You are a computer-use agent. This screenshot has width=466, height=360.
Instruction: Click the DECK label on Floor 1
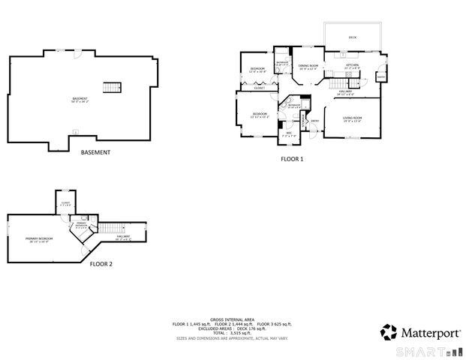click(x=353, y=37)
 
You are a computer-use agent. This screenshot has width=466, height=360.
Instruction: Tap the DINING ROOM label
click(x=308, y=66)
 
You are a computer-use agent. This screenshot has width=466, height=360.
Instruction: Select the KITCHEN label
click(x=353, y=65)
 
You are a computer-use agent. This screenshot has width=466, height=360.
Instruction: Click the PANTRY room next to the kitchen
click(x=381, y=76)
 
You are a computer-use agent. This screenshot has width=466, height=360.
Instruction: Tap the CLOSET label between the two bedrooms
click(x=259, y=88)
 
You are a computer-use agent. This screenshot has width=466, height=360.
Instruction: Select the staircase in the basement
click(x=112, y=86)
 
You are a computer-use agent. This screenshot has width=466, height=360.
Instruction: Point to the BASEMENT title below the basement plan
click(x=95, y=152)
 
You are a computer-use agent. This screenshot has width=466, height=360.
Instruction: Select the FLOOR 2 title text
click(x=101, y=264)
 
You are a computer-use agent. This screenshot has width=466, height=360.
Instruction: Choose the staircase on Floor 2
click(x=112, y=229)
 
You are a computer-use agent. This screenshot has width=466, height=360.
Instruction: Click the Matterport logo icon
click(x=389, y=331)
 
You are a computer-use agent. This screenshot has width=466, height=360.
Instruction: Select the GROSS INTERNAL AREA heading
click(x=233, y=318)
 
